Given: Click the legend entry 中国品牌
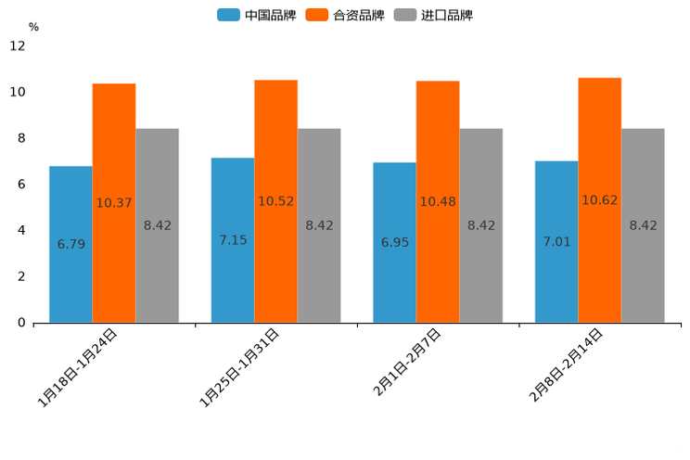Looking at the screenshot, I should point(257,15).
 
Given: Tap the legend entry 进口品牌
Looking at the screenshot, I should point(433,15).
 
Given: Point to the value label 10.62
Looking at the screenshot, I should point(600,200).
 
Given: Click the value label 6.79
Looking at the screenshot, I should point(71,245).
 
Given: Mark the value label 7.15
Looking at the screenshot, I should point(233,240).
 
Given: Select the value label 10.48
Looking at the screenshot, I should point(438,201).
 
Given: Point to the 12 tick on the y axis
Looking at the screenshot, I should point(18,46).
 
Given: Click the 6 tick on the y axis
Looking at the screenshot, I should point(21,185).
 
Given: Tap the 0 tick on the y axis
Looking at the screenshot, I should point(21,323).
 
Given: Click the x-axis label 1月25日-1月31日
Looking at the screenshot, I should point(239,368).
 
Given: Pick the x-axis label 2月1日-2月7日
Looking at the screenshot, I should point(406,363).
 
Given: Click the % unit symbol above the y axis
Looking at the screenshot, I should point(33,28).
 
